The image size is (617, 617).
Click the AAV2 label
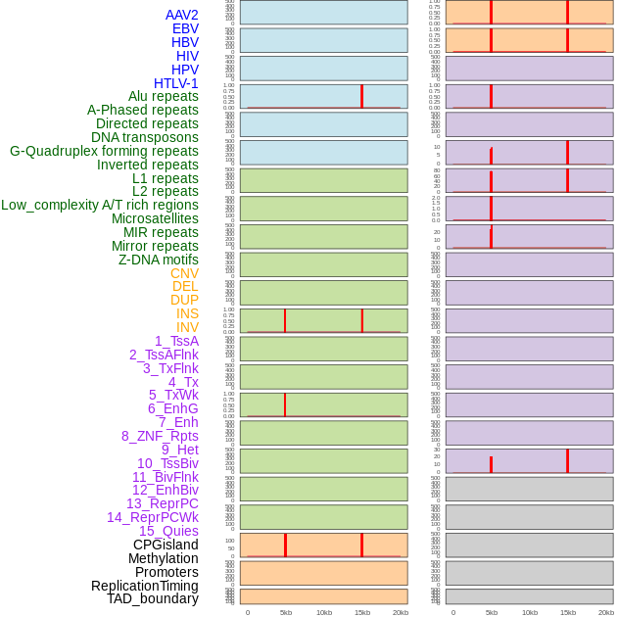click(x=182, y=15)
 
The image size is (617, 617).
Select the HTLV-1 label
click(x=176, y=83)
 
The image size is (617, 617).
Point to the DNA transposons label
click(x=145, y=137)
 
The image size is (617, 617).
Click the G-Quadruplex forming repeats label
click(x=104, y=151)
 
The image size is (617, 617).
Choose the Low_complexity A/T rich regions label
click(x=100, y=205)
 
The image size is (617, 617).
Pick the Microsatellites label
click(x=155, y=218)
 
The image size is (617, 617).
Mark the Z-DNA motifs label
click(x=159, y=260)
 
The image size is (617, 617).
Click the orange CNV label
click(x=184, y=273)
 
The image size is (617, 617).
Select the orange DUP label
click(x=184, y=300)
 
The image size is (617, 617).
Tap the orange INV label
click(x=187, y=327)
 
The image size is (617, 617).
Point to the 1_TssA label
click(x=176, y=341)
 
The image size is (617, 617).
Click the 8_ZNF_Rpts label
click(x=160, y=436)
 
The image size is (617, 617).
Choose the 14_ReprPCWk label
click(x=153, y=517)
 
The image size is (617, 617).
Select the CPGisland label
click(x=166, y=545)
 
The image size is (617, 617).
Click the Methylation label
click(x=164, y=558)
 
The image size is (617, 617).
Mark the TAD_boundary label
click(x=153, y=598)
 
